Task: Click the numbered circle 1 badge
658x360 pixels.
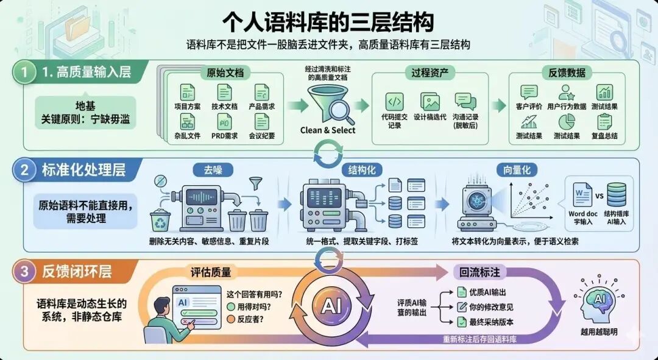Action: [24, 72]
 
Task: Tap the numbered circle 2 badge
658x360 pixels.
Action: [24, 171]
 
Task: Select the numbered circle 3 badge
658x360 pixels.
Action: [24, 272]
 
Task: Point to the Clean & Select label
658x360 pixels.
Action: [328, 130]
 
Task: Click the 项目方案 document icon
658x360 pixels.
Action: [187, 93]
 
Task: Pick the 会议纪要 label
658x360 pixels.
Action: [262, 136]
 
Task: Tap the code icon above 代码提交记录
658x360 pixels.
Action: [394, 102]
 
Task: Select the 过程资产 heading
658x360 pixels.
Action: [429, 73]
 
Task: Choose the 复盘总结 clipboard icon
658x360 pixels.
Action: [604, 122]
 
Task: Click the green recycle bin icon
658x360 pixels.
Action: [160, 222]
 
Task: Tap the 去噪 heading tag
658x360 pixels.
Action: [205, 170]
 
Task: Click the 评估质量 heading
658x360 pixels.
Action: [211, 272]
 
